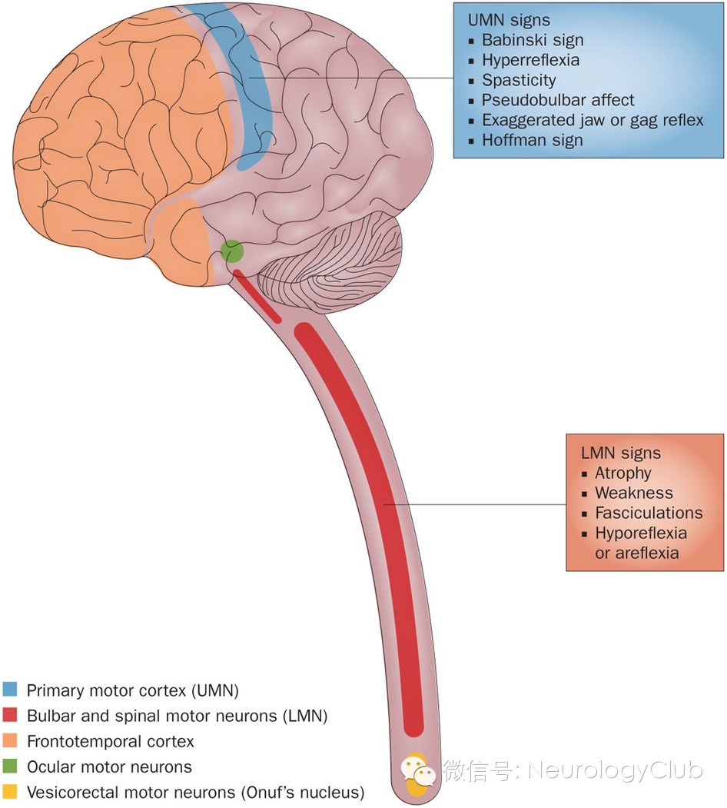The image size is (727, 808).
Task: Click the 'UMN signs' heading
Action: point(509,21)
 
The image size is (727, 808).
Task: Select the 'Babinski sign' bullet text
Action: point(533,40)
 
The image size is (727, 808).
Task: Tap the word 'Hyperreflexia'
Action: point(530,60)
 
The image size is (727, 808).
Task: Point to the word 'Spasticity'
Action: point(519,80)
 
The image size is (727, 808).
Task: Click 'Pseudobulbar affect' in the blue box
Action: point(558,100)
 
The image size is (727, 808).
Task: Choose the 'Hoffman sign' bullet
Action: point(532,140)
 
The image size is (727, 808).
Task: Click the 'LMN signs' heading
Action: point(621,454)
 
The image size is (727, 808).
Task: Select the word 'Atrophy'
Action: point(622,473)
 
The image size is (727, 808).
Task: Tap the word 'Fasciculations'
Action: point(649,513)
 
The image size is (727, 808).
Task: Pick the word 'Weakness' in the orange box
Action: point(633,493)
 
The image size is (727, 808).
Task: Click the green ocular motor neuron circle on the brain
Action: point(232,251)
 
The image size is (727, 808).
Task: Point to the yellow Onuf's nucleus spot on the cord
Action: point(415,776)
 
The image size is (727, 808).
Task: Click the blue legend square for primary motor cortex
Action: point(11,690)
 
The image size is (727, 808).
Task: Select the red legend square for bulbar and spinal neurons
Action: point(11,716)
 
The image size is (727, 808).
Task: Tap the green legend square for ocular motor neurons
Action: point(11,766)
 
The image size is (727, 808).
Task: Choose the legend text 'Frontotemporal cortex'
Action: point(110,742)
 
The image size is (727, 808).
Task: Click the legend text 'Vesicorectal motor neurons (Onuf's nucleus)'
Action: point(195,792)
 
